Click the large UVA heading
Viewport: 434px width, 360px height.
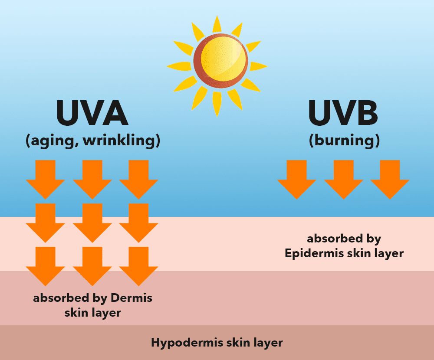click(92, 114)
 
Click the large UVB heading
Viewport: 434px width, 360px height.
click(343, 114)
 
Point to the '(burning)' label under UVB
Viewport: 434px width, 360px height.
click(344, 141)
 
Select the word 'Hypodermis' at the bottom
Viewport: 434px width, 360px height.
click(187, 343)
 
